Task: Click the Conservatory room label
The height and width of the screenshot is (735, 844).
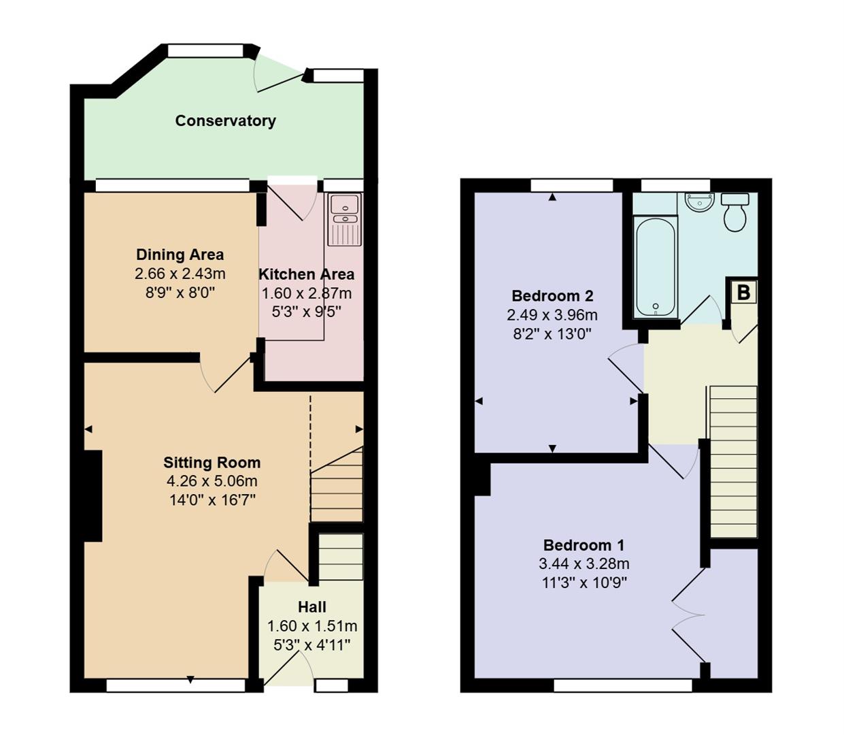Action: (x=225, y=121)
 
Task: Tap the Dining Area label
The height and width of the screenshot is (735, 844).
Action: (x=180, y=255)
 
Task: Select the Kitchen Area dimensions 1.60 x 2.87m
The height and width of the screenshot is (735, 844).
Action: (x=307, y=293)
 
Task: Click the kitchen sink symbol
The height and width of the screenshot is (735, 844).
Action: (x=345, y=218)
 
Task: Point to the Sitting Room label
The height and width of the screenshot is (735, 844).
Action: (x=212, y=463)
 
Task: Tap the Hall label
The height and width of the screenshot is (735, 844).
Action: (x=311, y=607)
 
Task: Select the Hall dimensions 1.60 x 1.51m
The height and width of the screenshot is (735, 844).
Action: (x=311, y=626)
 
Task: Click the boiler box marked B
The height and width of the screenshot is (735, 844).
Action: (x=743, y=293)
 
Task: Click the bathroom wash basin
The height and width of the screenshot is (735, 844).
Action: (x=699, y=202)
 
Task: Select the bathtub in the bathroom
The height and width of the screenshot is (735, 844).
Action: (x=656, y=266)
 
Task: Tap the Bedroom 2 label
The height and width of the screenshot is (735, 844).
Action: (x=552, y=296)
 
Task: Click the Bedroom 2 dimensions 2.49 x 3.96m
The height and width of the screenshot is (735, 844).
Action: (x=552, y=315)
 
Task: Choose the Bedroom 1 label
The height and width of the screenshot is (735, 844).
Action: (x=584, y=545)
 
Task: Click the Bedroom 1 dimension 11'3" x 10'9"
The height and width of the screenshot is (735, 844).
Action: (x=584, y=583)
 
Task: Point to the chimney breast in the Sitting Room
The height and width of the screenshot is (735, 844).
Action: (x=93, y=495)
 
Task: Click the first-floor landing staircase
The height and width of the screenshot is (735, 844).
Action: (x=733, y=462)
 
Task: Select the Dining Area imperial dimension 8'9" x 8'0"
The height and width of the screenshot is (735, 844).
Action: (x=180, y=293)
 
